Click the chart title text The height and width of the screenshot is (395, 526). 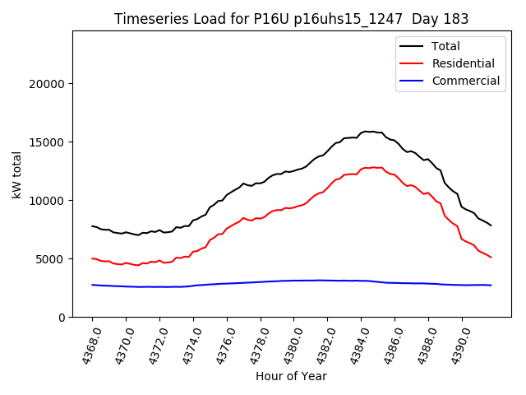(x=290, y=19)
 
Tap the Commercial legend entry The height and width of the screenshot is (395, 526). (x=465, y=81)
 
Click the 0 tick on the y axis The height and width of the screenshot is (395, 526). (x=62, y=318)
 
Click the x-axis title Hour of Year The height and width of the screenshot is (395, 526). (x=291, y=376)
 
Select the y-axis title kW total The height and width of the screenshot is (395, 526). (x=17, y=174)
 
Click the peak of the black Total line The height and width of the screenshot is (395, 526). (x=368, y=131)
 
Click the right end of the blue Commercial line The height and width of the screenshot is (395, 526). (x=491, y=286)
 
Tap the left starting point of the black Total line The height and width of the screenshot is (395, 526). (x=92, y=225)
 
